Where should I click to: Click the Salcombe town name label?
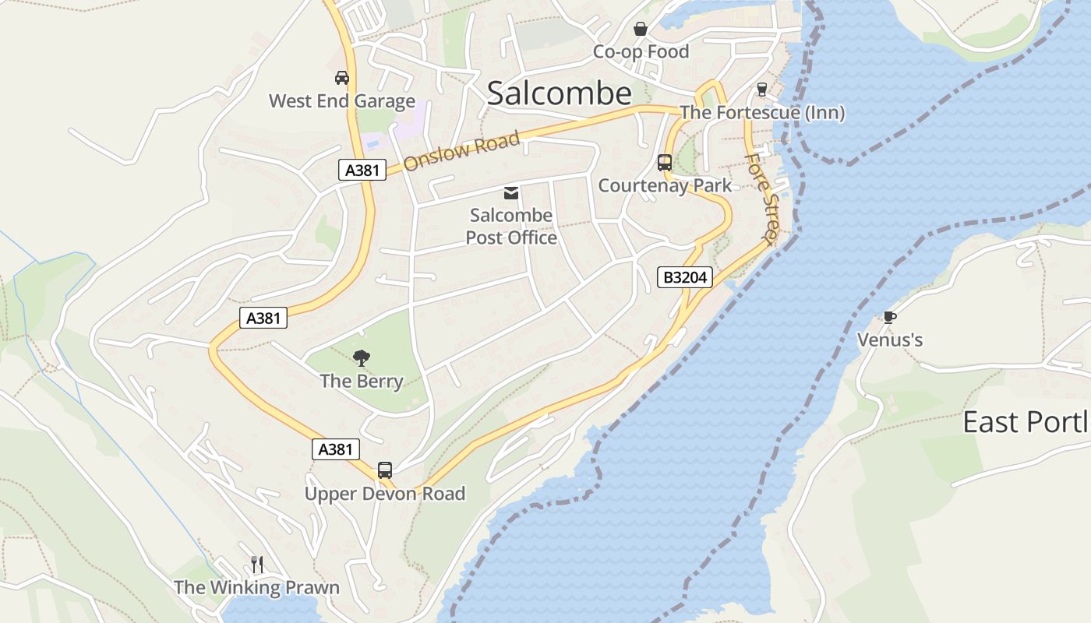click(x=559, y=93)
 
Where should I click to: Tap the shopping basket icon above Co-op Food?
click(x=641, y=30)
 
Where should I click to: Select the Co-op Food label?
click(x=641, y=51)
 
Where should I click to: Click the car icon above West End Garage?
click(x=341, y=78)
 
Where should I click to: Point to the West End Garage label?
click(x=341, y=101)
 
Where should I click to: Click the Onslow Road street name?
click(x=461, y=151)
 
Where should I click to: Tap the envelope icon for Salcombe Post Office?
click(x=511, y=193)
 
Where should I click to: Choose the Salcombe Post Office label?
click(x=511, y=226)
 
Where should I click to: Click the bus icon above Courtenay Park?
click(x=665, y=163)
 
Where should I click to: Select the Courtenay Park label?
click(x=665, y=185)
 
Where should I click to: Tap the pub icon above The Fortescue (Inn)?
click(x=762, y=90)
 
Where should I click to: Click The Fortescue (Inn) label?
click(x=762, y=113)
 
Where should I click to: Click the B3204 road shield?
click(x=685, y=276)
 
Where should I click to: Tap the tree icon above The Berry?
click(x=362, y=358)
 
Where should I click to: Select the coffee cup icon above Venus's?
click(x=889, y=317)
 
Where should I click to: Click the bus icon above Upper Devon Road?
click(x=385, y=470)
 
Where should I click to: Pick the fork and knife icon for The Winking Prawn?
click(x=257, y=564)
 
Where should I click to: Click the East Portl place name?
click(x=1026, y=422)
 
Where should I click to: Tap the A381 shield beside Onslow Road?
click(x=362, y=170)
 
